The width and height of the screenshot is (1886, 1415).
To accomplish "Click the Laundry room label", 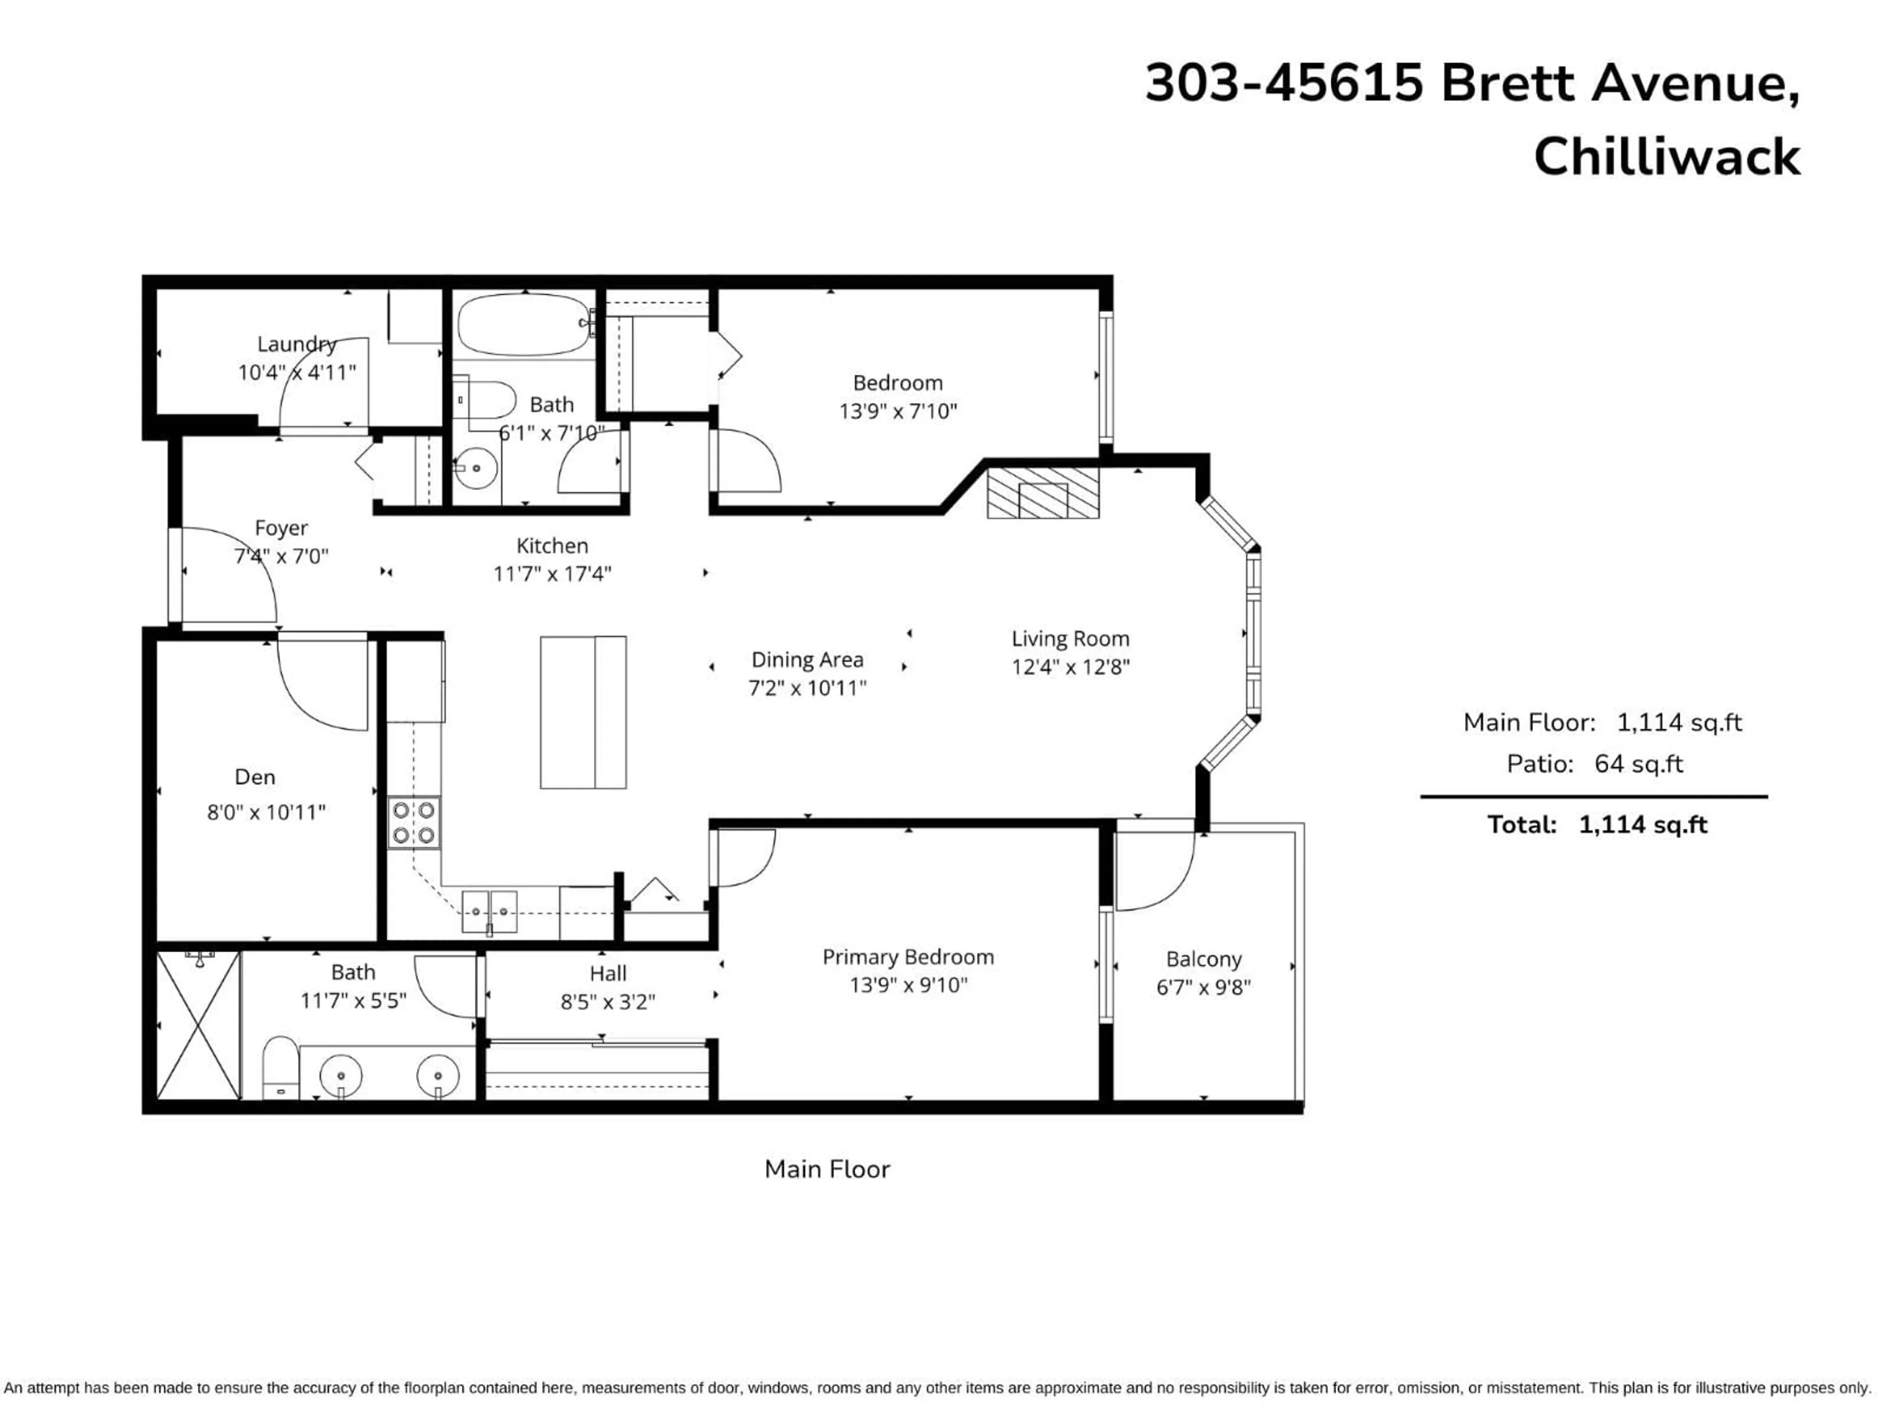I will [x=297, y=344].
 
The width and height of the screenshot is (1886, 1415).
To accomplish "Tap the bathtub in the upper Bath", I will [x=524, y=325].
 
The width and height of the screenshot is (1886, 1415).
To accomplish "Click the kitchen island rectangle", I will [x=583, y=712].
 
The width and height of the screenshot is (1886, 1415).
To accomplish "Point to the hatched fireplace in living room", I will [x=1043, y=492].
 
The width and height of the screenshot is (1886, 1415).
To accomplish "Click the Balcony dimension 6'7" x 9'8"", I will [x=1203, y=988].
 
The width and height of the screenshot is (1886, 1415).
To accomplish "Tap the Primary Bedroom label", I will [x=908, y=957].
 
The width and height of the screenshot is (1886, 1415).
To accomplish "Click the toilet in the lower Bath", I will [x=279, y=1067].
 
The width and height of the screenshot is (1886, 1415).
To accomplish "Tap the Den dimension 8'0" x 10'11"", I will [x=266, y=812].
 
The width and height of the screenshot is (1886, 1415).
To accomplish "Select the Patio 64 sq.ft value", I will [x=1638, y=764].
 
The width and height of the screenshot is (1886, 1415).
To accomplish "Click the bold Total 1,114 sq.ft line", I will [x=1597, y=825].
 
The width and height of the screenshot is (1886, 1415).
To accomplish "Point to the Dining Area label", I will [x=806, y=659].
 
